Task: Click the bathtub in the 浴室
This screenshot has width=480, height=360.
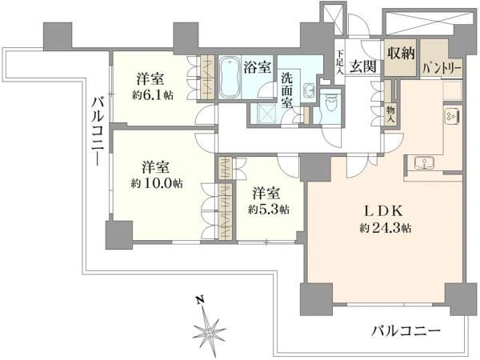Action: tap(230, 77)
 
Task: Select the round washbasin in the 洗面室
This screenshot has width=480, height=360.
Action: tap(308, 90)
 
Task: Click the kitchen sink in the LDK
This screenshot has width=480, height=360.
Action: tap(426, 162)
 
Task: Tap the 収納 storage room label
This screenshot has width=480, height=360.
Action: tap(401, 54)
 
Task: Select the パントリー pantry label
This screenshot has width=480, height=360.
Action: tap(442, 68)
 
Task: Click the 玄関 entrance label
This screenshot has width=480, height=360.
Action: tap(363, 66)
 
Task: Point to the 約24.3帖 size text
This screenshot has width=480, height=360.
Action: tap(385, 228)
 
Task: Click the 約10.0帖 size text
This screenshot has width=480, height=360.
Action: tap(157, 183)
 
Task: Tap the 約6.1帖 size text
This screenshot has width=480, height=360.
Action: tap(153, 95)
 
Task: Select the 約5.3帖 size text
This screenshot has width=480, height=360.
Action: tap(268, 210)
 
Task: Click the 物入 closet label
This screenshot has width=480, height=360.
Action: tap(390, 114)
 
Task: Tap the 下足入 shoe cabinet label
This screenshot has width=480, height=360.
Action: tap(339, 62)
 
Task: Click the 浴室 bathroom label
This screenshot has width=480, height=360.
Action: tap(258, 68)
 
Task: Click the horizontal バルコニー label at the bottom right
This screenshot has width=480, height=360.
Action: tap(406, 330)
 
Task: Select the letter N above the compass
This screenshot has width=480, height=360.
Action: tap(200, 300)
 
